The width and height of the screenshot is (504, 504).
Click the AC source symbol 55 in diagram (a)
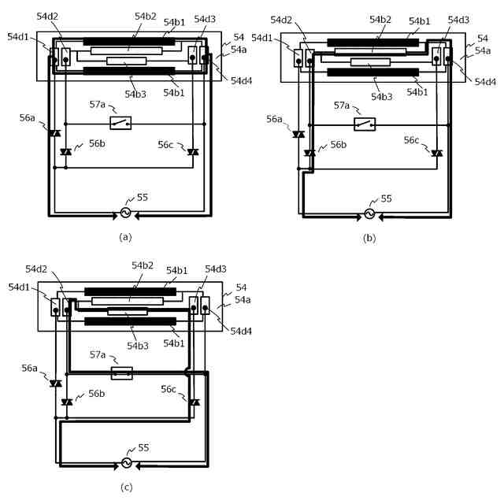pos(126,213)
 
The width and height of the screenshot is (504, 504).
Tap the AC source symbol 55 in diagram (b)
pos(370,213)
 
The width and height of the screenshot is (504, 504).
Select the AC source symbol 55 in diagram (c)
pos(125,463)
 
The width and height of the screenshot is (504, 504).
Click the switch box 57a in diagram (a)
pos(121,123)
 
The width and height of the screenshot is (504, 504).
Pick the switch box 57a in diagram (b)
pos(365,124)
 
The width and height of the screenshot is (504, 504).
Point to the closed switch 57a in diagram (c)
pos(121,372)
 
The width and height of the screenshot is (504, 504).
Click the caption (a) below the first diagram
pos(124,235)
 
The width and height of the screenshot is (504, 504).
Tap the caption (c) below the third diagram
pos(125,487)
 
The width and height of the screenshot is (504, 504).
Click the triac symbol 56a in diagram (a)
pos(54,134)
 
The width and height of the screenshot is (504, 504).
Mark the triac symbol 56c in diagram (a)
pos(193,151)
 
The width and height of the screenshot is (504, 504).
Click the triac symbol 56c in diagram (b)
pos(437,152)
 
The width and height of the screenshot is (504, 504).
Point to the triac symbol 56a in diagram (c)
pos(55,384)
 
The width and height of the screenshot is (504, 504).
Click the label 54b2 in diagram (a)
pos(144,15)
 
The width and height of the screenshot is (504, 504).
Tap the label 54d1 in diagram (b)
pos(262,38)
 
